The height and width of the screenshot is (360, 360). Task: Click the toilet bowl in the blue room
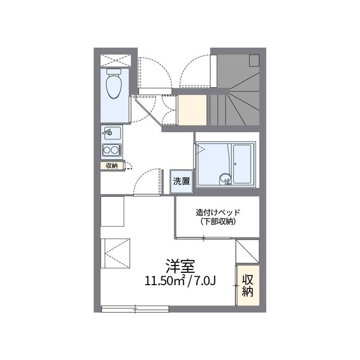click(x=114, y=86)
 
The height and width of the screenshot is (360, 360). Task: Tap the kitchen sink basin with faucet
click(x=112, y=133)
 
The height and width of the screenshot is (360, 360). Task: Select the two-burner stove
click(x=112, y=150)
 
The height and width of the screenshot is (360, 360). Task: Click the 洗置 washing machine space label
click(x=181, y=181)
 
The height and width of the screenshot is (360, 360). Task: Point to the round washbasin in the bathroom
click(x=226, y=179)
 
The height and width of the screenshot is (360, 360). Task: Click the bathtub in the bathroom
click(x=242, y=164)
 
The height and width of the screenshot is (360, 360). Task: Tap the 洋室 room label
click(x=180, y=266)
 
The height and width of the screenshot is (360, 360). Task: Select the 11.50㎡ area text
click(x=165, y=281)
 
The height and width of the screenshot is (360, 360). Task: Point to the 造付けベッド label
click(x=218, y=213)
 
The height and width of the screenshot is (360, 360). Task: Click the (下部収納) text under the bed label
click(x=218, y=222)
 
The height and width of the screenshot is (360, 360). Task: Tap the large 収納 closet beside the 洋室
click(x=248, y=285)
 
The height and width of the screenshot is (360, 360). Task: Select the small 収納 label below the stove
click(x=111, y=166)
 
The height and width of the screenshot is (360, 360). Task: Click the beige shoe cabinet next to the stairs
click(x=192, y=110)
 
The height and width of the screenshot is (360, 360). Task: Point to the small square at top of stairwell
click(x=254, y=60)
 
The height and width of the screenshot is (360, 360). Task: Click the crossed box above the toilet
click(x=115, y=60)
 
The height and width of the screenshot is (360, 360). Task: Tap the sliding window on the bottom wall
click(x=135, y=309)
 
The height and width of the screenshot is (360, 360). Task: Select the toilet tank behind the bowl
click(x=114, y=71)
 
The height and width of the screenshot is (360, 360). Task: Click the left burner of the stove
click(x=107, y=150)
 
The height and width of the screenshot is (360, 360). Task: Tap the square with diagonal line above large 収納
click(x=247, y=251)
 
